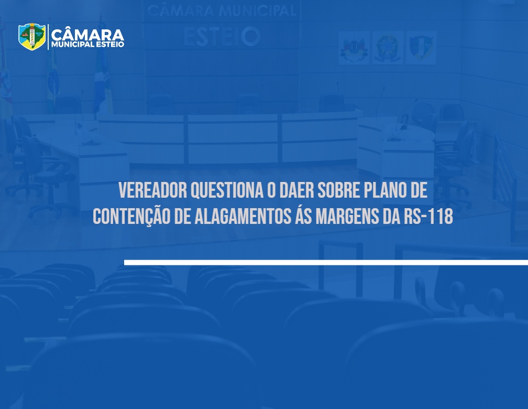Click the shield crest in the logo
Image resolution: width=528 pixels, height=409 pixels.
pos(32,36)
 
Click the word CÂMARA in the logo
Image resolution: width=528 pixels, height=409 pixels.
pos(87,35)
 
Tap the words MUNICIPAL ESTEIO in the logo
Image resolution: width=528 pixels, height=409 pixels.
pos(87,45)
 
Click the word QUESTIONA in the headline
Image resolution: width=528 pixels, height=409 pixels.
pos(227,191)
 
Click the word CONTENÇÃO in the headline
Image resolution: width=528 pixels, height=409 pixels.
pos(131,216)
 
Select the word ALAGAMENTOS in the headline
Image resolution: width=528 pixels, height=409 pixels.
pos(243,216)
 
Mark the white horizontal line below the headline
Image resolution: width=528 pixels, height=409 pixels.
pos(326,262)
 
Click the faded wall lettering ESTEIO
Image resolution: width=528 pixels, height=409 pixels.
pos(222,36)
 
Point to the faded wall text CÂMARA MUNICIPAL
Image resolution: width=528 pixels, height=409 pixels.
pos(222,11)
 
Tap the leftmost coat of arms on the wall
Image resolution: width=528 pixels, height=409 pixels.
pos(354,48)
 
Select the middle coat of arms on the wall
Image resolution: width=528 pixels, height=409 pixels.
pos(388,48)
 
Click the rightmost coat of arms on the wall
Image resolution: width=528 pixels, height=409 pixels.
pos(421,48)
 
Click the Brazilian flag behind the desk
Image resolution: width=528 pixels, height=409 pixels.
pos(52,81)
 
